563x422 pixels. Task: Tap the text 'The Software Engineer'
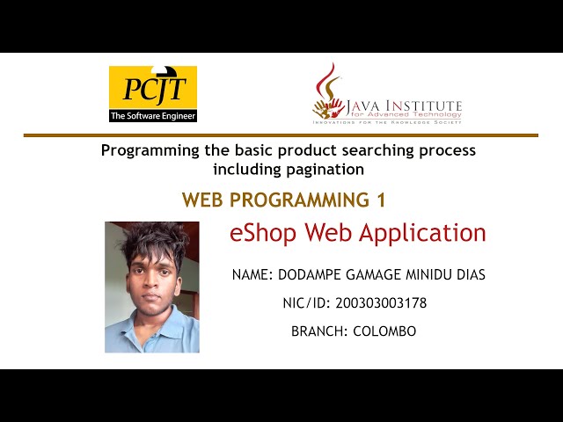[152, 115]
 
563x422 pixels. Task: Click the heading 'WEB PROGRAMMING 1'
[283, 200]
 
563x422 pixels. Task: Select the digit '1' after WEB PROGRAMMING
[381, 200]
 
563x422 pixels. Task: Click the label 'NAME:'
[252, 275]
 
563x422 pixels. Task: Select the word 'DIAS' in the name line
[467, 275]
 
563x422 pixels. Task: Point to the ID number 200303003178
[381, 303]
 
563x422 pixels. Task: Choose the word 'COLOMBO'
[384, 331]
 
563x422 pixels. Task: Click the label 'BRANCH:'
[319, 331]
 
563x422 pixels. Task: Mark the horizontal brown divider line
[281, 135]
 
